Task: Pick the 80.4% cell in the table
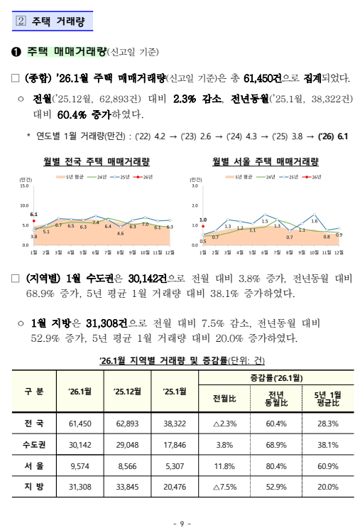[276, 466]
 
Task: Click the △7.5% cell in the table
[224, 487]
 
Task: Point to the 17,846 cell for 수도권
[175, 445]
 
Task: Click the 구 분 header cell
[34, 392]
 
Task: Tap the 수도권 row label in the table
[34, 445]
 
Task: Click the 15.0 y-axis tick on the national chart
[24, 186]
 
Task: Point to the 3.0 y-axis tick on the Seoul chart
[193, 186]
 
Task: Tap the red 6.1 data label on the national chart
[33, 213]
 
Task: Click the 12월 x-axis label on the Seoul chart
[339, 252]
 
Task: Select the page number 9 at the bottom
[180, 524]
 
